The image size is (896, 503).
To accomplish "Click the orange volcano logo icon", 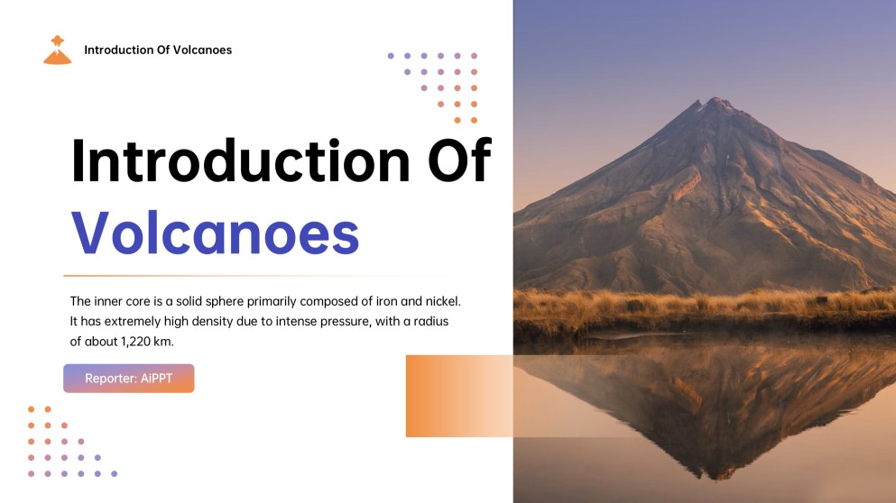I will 57,50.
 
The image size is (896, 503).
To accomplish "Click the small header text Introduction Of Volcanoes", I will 158,50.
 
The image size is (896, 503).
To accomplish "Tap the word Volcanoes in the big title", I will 215,233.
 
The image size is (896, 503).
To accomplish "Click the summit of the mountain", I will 718,101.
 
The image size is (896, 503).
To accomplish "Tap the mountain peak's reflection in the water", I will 713,473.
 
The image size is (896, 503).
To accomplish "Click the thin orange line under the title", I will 253,275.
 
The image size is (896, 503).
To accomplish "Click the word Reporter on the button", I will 110,379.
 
